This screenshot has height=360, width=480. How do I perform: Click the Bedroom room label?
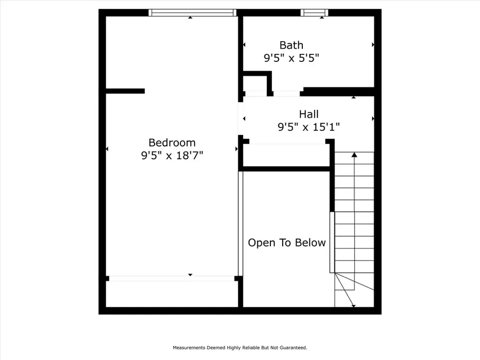tap(172, 142)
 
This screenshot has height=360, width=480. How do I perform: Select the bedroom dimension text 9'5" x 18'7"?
tap(172, 156)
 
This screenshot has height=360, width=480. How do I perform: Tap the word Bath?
tap(291, 45)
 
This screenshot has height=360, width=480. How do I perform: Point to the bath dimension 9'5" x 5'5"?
tap(291, 58)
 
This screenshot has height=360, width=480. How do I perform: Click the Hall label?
tap(309, 114)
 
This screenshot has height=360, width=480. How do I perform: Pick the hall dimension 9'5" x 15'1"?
tap(309, 127)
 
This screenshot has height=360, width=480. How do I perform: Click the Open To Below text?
tap(287, 243)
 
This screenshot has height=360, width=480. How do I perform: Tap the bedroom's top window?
tap(192, 12)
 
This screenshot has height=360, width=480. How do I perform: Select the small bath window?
tap(314, 12)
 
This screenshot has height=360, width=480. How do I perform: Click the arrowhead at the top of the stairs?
tap(354, 155)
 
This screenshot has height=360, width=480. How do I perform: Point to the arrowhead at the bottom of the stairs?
tap(353, 306)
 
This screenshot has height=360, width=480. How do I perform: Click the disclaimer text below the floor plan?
tap(239, 348)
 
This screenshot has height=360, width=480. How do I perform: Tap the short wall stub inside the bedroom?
tap(125, 91)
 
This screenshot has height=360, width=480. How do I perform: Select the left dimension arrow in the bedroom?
tap(107, 149)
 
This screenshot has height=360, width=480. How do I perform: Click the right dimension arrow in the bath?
tap(373, 45)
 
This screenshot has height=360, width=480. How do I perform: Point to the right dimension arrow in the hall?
tap(373, 118)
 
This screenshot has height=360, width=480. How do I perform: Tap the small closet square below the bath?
tap(255, 84)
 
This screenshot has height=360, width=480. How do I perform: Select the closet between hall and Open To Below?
tap(286, 155)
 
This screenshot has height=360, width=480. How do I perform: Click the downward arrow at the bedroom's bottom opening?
tap(190, 275)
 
